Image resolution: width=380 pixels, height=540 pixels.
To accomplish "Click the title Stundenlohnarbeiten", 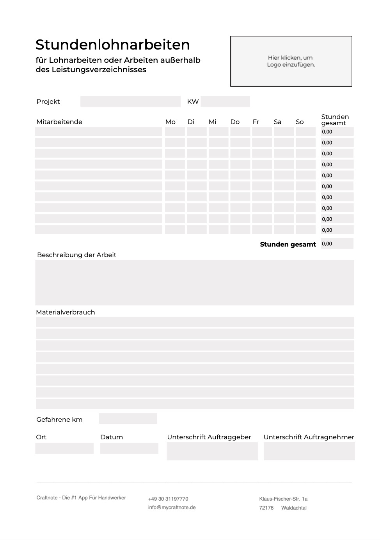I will coord(112,45).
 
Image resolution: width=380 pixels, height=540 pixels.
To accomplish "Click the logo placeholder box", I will coord(291,61).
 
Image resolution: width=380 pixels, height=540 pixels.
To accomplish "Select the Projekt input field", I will coord(130,101).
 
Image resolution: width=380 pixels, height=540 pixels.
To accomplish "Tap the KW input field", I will coord(225,101).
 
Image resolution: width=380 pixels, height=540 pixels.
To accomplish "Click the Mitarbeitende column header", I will coord(59,122).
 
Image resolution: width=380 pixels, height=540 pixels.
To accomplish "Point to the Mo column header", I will coord(170,122).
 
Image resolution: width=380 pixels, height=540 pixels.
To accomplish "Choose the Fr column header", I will coord(256,122).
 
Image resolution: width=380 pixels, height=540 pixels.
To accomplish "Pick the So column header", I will coord(300,122).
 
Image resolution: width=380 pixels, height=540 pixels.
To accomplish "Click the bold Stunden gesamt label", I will coord(288,244).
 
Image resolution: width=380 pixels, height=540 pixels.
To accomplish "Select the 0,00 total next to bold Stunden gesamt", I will coord(337,243).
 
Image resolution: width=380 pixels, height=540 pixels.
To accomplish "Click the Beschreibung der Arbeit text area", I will coord(195,282).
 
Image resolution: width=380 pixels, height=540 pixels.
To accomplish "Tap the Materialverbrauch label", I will coord(66,312).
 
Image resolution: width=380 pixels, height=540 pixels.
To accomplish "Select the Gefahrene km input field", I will coord(128,419).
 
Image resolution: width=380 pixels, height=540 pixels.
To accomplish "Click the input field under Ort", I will coord(64,448).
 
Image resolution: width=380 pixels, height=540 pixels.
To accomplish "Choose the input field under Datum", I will coord(129,448).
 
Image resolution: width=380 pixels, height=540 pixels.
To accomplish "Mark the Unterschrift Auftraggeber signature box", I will coord(212,451).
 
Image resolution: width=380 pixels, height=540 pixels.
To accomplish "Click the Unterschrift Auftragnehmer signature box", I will coord(309,451).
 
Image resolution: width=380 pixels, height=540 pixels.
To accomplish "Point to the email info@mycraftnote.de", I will coord(172,508).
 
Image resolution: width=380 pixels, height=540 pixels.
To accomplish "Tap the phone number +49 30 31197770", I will coord(168,499).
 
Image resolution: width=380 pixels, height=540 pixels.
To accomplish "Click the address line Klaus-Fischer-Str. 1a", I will coord(283,499).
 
